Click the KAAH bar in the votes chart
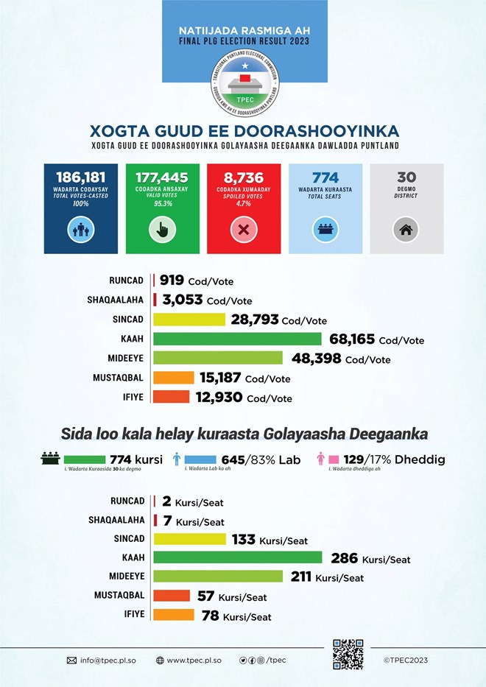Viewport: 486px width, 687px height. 237,339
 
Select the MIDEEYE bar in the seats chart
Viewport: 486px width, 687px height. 220,577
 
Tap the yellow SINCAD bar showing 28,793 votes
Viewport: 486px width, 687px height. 189,320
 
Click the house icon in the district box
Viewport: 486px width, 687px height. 406,230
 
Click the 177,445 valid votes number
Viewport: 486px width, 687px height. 162,177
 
